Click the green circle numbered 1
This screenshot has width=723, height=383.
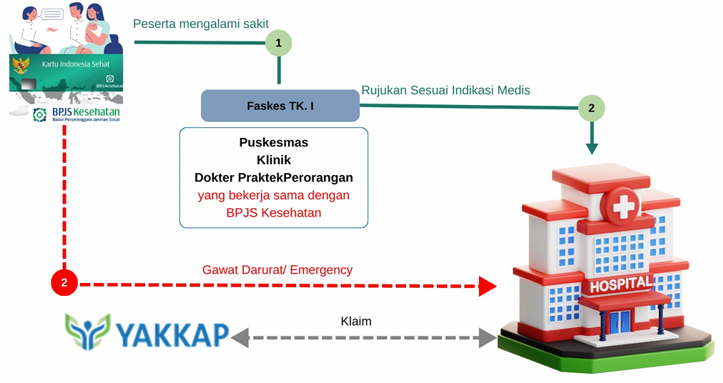pyautogui.click(x=279, y=44)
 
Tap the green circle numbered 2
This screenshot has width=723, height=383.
pyautogui.click(x=591, y=109)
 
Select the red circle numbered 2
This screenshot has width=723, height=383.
pyautogui.click(x=64, y=283)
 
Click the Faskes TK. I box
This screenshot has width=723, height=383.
pyautogui.click(x=280, y=106)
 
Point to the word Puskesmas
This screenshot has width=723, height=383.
pyautogui.click(x=273, y=142)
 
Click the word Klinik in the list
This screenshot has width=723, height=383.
pyautogui.click(x=273, y=160)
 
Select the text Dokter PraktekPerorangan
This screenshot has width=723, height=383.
pyautogui.click(x=273, y=177)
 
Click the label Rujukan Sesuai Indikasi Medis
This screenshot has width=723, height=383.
pyautogui.click(x=446, y=90)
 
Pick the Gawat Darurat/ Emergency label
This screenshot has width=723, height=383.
pyautogui.click(x=277, y=269)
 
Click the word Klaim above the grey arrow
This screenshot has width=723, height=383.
pyautogui.click(x=355, y=321)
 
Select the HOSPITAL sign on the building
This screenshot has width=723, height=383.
pyautogui.click(x=620, y=284)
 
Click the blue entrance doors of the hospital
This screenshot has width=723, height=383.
pyautogui.click(x=620, y=322)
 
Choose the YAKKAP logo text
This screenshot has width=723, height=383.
pyautogui.click(x=172, y=334)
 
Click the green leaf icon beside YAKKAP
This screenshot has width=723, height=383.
pyautogui.click(x=88, y=331)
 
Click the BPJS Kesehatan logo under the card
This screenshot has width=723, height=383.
pyautogui.click(x=75, y=115)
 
